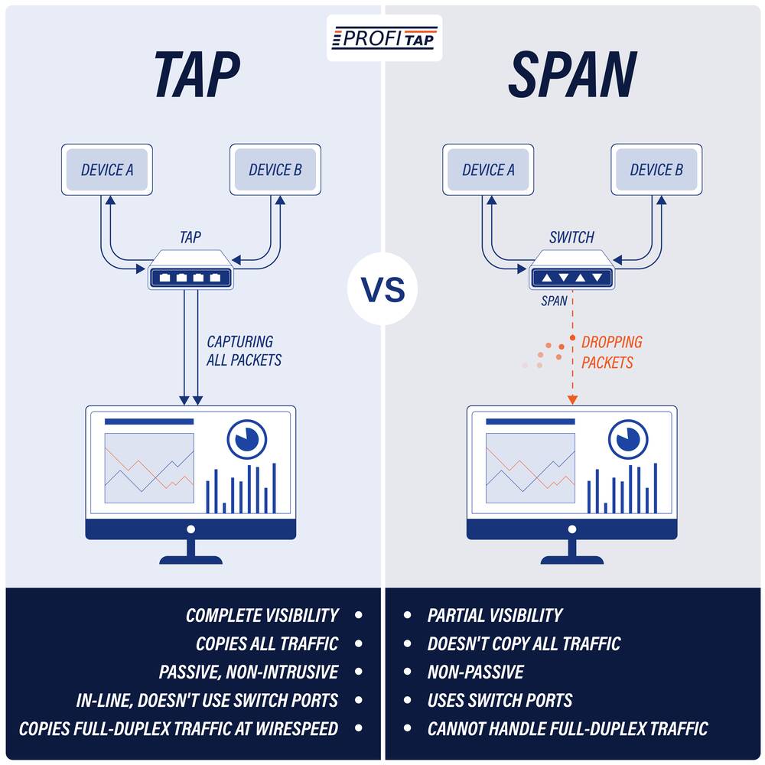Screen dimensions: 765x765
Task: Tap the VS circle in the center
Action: click(382, 291)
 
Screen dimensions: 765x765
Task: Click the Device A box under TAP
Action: click(107, 170)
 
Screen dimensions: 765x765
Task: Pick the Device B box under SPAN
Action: click(656, 170)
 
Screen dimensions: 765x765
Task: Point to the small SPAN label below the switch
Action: click(554, 301)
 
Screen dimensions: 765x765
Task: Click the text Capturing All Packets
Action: click(243, 350)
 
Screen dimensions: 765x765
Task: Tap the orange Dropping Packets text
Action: click(611, 352)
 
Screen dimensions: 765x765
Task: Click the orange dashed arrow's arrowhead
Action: click(572, 399)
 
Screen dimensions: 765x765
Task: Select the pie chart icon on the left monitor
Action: click(246, 438)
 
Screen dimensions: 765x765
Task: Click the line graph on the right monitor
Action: click(530, 467)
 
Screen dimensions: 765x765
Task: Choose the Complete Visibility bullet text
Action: click(262, 615)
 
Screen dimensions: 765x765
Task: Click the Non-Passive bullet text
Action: click(475, 672)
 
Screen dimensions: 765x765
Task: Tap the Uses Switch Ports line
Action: click(500, 700)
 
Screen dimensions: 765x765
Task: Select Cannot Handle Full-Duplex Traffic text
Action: click(567, 728)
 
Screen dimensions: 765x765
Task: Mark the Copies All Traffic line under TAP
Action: click(266, 643)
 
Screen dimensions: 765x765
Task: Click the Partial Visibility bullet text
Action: click(494, 615)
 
